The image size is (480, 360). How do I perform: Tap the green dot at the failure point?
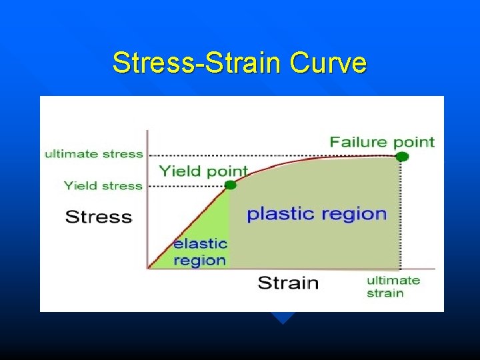tap(401, 156)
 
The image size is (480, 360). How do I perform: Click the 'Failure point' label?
tap(382, 141)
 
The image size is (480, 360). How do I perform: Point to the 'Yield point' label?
tap(203, 171)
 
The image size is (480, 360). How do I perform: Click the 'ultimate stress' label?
tap(94, 154)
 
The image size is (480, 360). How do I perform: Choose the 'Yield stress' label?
tap(103, 186)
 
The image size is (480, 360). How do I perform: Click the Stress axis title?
tap(98, 217)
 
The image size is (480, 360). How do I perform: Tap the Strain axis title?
tap(288, 283)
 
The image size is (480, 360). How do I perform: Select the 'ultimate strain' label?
tap(393, 287)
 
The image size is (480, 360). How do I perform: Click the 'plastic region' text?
tap(317, 214)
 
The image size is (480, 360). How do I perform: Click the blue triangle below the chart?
tap(283, 317)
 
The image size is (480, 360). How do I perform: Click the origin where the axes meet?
tap(147, 269)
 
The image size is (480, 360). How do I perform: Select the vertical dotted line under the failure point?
tap(401, 213)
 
